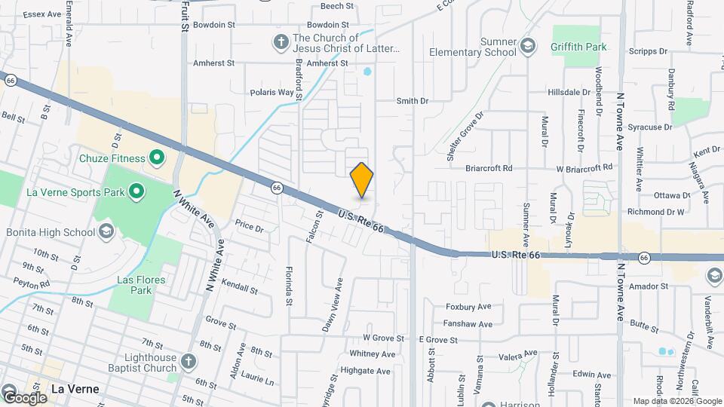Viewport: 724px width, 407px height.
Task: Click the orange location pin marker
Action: coord(362,179)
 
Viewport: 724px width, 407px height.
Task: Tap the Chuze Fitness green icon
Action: coord(157,158)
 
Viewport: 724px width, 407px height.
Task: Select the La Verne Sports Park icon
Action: coord(137,191)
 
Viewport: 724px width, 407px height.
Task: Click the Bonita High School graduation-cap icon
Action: coord(106,231)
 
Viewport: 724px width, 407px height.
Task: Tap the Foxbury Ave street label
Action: coord(468,307)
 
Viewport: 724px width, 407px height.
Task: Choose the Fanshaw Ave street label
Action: coord(468,324)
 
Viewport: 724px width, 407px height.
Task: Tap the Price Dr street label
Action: coord(249,225)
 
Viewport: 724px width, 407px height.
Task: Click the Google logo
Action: coord(24,397)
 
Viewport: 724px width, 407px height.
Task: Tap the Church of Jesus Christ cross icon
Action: coord(281,42)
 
